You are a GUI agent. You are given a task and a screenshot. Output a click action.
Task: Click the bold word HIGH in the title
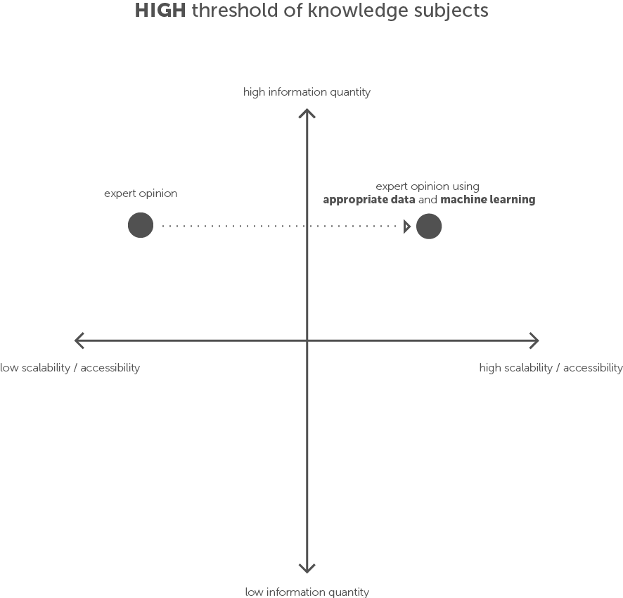(160, 11)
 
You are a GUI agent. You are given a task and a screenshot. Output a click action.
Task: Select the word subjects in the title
(454, 11)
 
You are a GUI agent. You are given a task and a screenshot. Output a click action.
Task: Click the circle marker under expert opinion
(141, 226)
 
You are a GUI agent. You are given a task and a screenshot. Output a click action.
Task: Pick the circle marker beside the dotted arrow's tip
(429, 227)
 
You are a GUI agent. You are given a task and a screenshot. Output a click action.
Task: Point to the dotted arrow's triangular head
(407, 227)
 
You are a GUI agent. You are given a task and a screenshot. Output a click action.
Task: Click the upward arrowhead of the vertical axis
(307, 112)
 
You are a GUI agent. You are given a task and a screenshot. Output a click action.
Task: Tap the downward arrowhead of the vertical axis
(307, 568)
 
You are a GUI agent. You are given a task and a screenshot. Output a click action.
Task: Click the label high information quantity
(307, 92)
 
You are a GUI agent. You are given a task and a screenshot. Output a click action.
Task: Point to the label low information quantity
(307, 592)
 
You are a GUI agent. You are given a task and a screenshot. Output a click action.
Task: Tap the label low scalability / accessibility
(70, 367)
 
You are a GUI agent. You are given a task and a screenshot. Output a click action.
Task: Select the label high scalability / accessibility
(551, 367)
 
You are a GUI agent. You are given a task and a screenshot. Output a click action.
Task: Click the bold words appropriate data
(368, 200)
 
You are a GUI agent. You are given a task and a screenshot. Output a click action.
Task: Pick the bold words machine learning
(488, 200)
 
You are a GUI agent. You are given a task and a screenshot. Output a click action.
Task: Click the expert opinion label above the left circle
(141, 193)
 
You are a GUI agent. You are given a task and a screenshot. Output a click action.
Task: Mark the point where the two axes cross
(307, 341)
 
